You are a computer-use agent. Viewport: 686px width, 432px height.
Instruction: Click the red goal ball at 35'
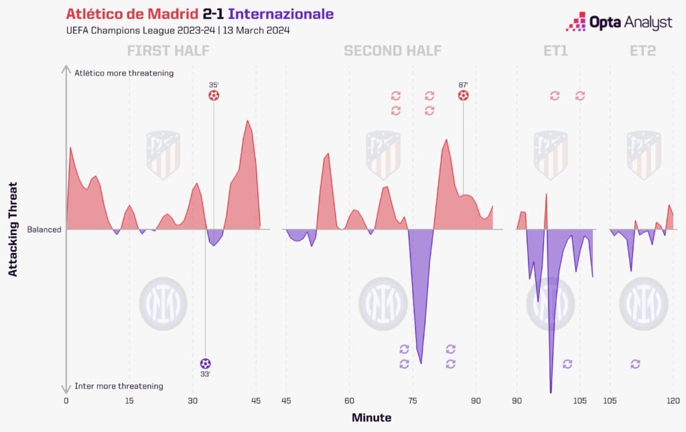pyautogui.click(x=214, y=96)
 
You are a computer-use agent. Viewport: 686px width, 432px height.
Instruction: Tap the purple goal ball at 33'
pyautogui.click(x=205, y=364)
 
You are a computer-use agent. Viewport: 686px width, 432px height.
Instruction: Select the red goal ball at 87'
pyautogui.click(x=463, y=96)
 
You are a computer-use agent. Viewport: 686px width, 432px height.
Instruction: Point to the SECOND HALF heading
pyautogui.click(x=393, y=51)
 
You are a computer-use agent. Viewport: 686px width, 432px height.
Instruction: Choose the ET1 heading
pyautogui.click(x=555, y=51)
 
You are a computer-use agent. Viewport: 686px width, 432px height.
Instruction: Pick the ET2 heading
pyautogui.click(x=642, y=51)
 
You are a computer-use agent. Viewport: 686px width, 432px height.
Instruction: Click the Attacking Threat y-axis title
pyautogui.click(x=13, y=229)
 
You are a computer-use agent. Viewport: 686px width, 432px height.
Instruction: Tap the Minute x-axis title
pyautogui.click(x=371, y=418)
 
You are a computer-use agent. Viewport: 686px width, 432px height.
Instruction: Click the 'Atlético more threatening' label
pyautogui.click(x=124, y=73)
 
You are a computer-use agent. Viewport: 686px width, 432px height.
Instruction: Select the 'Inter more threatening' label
pyautogui.click(x=119, y=386)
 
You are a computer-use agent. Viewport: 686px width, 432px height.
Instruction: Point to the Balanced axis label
pyautogui.click(x=44, y=230)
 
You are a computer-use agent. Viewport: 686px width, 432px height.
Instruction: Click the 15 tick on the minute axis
pyautogui.click(x=129, y=401)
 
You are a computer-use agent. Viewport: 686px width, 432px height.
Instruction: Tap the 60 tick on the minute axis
pyautogui.click(x=349, y=401)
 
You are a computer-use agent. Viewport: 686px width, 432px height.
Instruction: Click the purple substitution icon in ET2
pyautogui.click(x=635, y=364)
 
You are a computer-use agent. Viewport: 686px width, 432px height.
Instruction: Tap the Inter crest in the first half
pyautogui.click(x=163, y=303)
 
